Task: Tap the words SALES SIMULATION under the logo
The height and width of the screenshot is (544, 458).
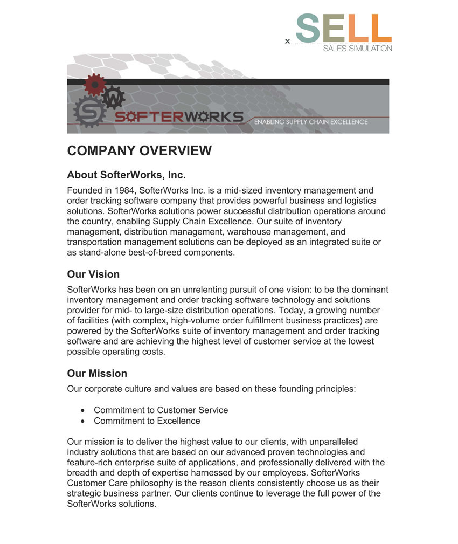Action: [357, 49]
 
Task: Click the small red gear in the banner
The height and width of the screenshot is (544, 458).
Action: [95, 85]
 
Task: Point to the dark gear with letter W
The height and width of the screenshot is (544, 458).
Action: [114, 98]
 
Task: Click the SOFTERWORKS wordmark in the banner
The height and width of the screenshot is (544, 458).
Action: [178, 116]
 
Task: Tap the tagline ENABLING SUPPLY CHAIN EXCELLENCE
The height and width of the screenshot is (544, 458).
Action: [311, 122]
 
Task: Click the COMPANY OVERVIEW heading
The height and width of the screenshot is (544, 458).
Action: [139, 151]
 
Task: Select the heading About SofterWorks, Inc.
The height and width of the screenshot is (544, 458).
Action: [126, 175]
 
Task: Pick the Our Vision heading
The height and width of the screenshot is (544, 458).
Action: [93, 274]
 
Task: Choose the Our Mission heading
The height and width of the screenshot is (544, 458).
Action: [97, 374]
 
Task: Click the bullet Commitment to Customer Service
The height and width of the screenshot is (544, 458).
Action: [161, 410]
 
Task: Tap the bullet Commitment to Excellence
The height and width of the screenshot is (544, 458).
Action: [147, 421]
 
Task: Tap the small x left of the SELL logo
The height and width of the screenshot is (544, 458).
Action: [288, 41]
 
